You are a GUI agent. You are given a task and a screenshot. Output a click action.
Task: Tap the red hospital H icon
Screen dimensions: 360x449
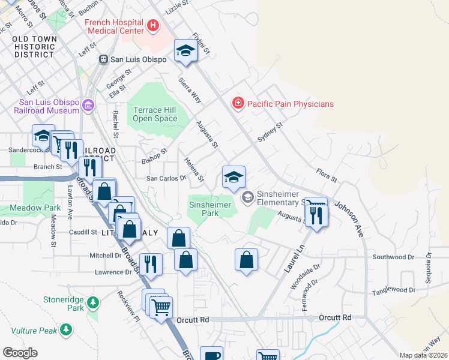(153, 26)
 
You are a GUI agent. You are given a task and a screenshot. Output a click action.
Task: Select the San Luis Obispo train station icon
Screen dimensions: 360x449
(103, 59)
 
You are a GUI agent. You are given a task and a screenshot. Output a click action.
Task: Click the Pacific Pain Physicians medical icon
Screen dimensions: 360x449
(238, 104)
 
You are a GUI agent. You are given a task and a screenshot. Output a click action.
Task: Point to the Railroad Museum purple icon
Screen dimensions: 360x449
(88, 106)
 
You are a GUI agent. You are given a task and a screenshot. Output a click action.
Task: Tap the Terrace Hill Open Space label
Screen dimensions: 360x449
(155, 114)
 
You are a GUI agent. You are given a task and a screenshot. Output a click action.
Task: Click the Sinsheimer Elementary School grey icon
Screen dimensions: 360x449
(247, 197)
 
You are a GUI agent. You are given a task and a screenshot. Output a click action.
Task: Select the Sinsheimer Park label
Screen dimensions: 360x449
(210, 209)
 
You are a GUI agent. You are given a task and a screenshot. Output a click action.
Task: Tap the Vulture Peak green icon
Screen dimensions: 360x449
(66, 329)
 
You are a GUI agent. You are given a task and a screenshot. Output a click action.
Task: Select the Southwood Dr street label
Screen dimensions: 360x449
(393, 257)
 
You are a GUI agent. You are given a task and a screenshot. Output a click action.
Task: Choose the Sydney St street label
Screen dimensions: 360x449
(270, 133)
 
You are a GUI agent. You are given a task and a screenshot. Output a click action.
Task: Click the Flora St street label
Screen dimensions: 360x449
(326, 176)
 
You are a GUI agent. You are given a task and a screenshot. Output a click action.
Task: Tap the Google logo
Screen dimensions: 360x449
(20, 353)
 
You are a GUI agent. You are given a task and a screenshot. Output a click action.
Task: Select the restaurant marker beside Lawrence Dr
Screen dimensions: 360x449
(151, 264)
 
